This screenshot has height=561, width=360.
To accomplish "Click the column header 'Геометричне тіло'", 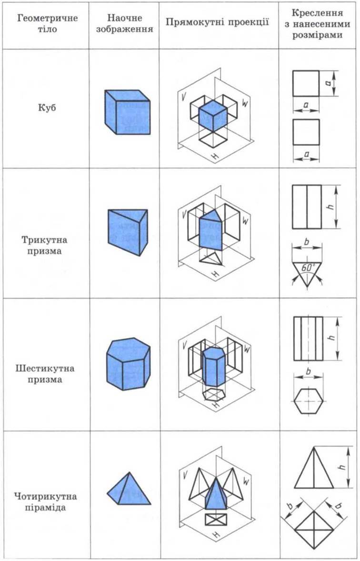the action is tap(47, 23).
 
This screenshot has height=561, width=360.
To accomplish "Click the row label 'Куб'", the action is tap(47, 108).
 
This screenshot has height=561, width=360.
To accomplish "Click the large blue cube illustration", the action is tap(128, 112).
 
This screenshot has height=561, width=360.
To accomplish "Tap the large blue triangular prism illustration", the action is tap(128, 232).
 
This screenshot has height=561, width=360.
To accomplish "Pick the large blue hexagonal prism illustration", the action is tap(128, 363).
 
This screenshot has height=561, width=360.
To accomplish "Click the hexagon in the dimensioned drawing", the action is tap(309, 401).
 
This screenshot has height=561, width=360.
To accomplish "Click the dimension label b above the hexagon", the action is tap(308, 372).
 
